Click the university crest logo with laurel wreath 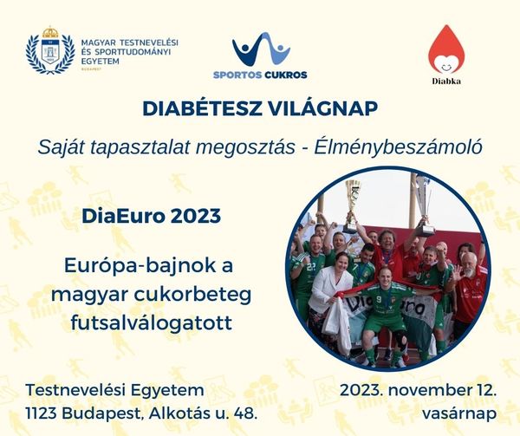[x=50, y=50]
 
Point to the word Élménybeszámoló [x=399, y=147]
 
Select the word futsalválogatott [x=151, y=322]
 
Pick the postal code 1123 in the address [x=41, y=413]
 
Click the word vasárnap [x=459, y=414]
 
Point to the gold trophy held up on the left [x=353, y=205]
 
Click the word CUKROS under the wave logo [x=286, y=75]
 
